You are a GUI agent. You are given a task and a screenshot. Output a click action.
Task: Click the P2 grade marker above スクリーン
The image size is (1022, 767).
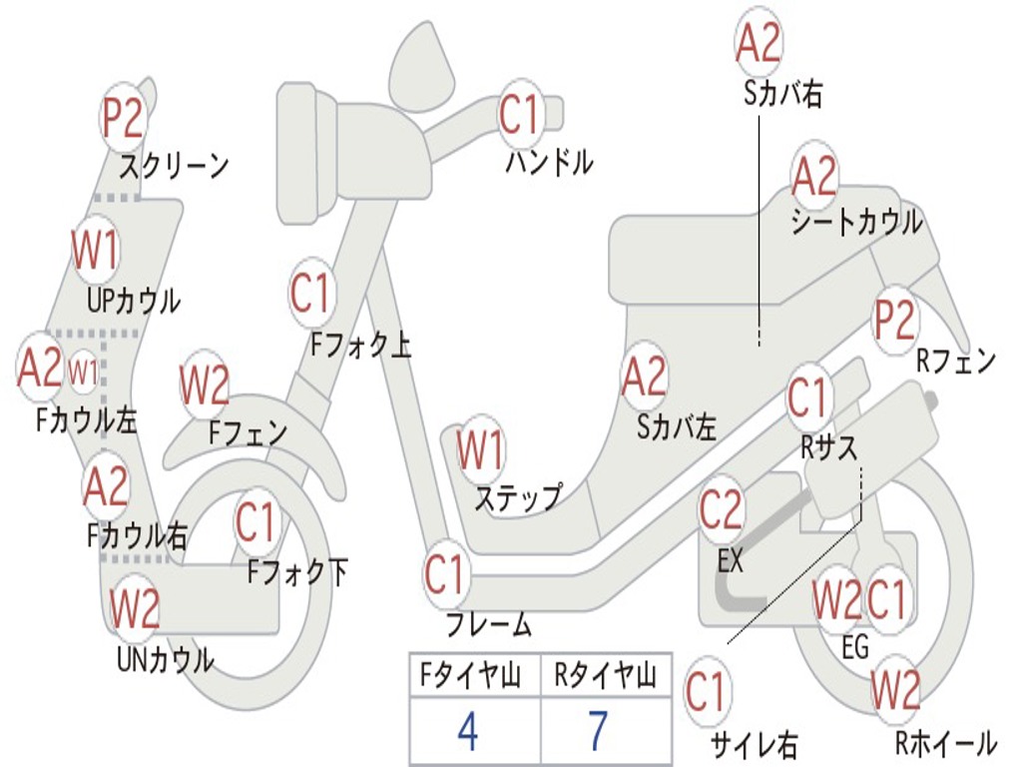click(x=124, y=118)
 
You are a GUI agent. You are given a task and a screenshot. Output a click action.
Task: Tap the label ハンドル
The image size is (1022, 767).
click(x=549, y=161)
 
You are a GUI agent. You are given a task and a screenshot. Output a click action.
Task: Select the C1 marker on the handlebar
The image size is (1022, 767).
click(x=519, y=115)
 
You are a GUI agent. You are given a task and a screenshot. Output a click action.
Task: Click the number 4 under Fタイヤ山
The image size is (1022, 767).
click(x=467, y=732)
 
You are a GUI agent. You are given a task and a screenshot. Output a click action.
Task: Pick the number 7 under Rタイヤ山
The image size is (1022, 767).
click(x=598, y=732)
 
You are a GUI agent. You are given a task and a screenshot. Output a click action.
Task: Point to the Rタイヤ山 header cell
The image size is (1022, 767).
click(x=605, y=677)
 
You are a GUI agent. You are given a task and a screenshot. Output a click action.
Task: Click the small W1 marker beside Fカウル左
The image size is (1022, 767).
click(x=84, y=372)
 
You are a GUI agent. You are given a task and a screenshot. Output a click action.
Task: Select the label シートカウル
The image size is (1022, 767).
click(x=856, y=222)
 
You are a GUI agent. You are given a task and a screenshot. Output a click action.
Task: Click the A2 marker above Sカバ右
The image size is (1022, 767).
click(x=758, y=43)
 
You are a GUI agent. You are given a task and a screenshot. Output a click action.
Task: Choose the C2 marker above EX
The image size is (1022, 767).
click(x=722, y=510)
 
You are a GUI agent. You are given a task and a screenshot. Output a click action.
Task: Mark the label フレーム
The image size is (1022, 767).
click(x=489, y=625)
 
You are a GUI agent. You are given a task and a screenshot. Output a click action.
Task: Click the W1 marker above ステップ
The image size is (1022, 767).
click(x=480, y=451)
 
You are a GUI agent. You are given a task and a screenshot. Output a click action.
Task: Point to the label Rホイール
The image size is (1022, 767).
click(x=944, y=742)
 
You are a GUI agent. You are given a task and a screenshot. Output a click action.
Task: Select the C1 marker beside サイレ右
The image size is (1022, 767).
click(x=707, y=692)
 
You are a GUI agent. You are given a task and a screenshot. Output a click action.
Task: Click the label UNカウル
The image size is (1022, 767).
click(x=165, y=659)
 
